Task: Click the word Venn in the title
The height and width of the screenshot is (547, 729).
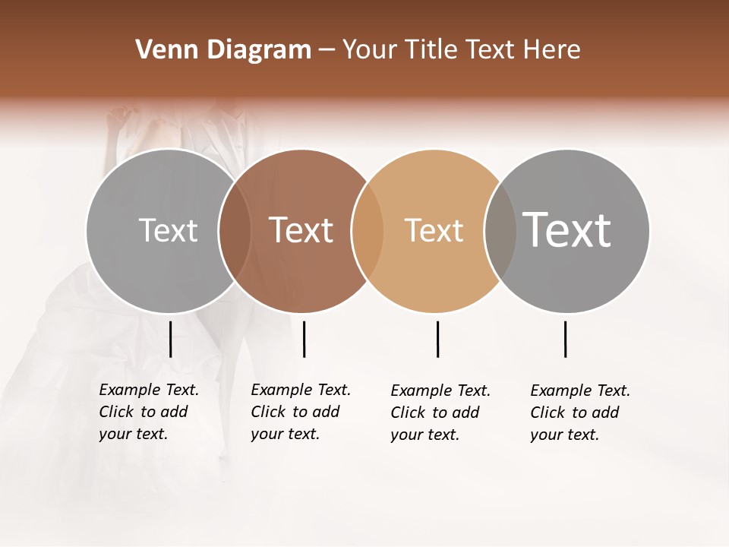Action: tap(163, 50)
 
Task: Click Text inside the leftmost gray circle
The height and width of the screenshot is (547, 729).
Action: tap(168, 230)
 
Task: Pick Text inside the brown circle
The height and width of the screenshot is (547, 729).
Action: tap(301, 230)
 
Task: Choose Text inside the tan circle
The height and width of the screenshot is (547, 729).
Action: tap(434, 230)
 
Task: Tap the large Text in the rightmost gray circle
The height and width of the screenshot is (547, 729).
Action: tap(566, 229)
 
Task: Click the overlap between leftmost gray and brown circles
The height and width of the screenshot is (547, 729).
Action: tap(235, 231)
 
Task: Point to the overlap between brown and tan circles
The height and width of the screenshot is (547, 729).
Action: tap(368, 231)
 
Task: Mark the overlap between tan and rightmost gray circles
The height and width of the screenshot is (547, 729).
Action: tap(500, 231)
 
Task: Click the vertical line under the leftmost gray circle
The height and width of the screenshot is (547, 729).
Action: tap(171, 339)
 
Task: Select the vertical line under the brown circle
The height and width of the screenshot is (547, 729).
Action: tap(304, 339)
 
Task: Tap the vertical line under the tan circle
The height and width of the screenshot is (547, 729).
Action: tap(437, 339)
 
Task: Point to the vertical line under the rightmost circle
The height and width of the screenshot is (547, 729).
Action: tap(566, 339)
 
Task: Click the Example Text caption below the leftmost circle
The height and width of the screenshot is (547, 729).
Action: tap(148, 412)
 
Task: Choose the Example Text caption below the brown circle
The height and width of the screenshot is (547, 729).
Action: tap(300, 412)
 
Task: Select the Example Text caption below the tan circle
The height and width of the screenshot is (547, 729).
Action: tap(440, 413)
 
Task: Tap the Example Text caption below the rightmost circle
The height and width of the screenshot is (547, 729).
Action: tap(580, 413)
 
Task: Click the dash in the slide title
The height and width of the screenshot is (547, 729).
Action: tap(327, 51)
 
